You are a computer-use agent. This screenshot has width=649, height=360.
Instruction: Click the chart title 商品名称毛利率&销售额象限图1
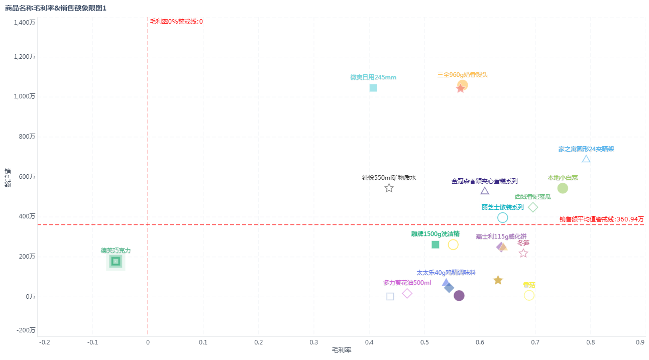(x=56, y=8)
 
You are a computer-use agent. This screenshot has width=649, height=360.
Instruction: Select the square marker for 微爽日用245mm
(x=373, y=88)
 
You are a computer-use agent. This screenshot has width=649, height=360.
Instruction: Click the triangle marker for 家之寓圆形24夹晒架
(x=586, y=159)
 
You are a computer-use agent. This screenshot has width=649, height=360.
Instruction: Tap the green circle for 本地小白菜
(x=563, y=188)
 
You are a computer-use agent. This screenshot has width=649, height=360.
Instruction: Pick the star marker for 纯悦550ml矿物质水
(x=389, y=188)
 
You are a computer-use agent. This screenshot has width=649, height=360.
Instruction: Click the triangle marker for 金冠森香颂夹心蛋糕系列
(x=485, y=191)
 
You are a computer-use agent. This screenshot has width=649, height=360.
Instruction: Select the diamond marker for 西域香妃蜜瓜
(x=533, y=207)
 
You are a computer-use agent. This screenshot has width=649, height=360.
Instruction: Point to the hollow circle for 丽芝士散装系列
(x=502, y=217)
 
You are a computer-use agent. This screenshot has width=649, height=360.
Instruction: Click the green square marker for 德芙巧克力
(x=116, y=261)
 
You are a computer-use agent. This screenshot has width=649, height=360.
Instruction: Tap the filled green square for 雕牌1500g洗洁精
(x=436, y=245)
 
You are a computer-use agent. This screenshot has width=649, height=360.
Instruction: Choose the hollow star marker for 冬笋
(x=523, y=254)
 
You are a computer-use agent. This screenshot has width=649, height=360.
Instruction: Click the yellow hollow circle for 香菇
(x=529, y=295)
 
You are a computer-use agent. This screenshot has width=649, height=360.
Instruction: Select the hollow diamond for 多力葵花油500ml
(x=407, y=293)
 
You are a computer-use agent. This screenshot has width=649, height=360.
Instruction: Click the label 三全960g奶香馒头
(x=462, y=75)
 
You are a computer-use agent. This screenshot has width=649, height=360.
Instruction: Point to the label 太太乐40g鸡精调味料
(x=446, y=273)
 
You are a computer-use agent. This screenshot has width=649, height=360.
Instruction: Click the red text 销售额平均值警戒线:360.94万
(x=601, y=219)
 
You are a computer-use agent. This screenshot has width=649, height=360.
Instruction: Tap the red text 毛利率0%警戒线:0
(x=176, y=22)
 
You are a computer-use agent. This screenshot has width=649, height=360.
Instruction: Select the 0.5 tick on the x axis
(x=424, y=342)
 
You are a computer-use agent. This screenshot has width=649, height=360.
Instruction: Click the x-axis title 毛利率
(x=342, y=350)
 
